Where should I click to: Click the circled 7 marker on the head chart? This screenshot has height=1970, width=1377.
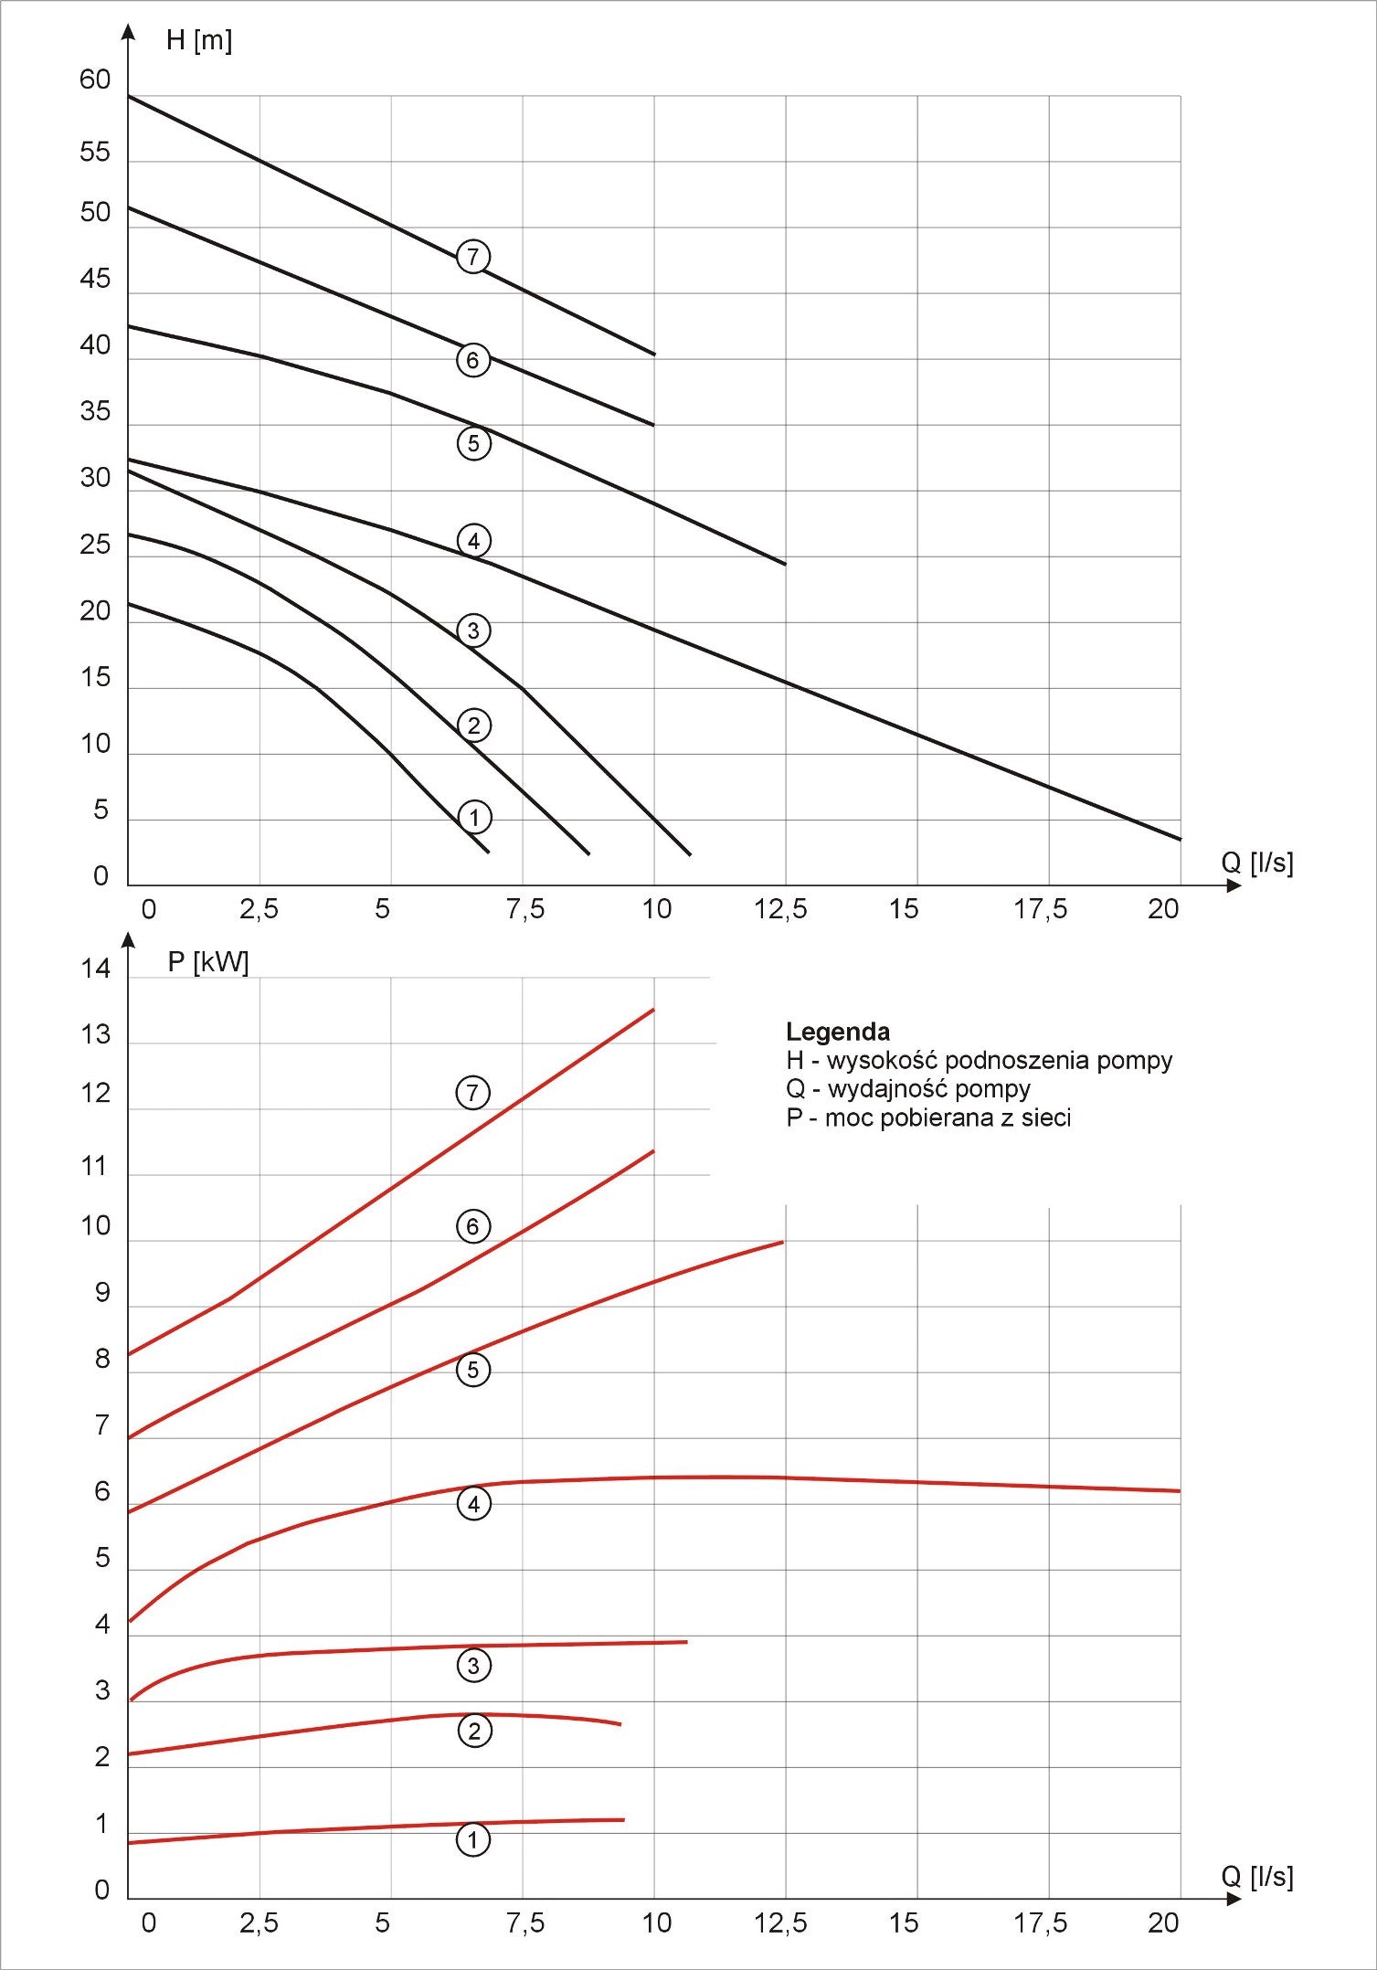click(x=472, y=257)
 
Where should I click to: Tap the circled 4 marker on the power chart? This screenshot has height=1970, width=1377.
click(x=473, y=1504)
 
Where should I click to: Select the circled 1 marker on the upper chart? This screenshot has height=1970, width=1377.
click(x=473, y=817)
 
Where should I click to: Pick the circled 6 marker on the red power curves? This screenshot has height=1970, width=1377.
click(x=472, y=1226)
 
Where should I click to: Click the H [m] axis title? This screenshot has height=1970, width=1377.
click(x=199, y=40)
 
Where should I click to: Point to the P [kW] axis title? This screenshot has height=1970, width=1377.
click(x=208, y=962)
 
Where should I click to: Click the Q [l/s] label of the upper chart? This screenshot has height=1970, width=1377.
click(x=1257, y=862)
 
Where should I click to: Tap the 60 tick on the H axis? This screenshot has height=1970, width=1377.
click(x=95, y=80)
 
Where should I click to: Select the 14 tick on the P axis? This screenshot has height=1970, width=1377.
click(x=95, y=969)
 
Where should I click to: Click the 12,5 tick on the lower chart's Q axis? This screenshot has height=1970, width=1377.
click(x=780, y=1923)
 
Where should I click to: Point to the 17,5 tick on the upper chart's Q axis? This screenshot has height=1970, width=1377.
click(x=1040, y=909)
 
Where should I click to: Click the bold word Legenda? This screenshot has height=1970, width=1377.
click(x=837, y=1032)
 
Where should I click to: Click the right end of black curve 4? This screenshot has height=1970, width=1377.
click(x=1180, y=839)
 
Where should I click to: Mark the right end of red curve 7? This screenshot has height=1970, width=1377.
click(x=653, y=1010)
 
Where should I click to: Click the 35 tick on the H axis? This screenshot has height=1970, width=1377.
click(x=95, y=412)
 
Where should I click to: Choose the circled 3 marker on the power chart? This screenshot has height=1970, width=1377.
click(x=473, y=1665)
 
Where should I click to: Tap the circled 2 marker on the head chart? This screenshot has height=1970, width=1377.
click(x=473, y=726)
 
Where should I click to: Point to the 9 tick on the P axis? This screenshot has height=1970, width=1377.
click(x=102, y=1293)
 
